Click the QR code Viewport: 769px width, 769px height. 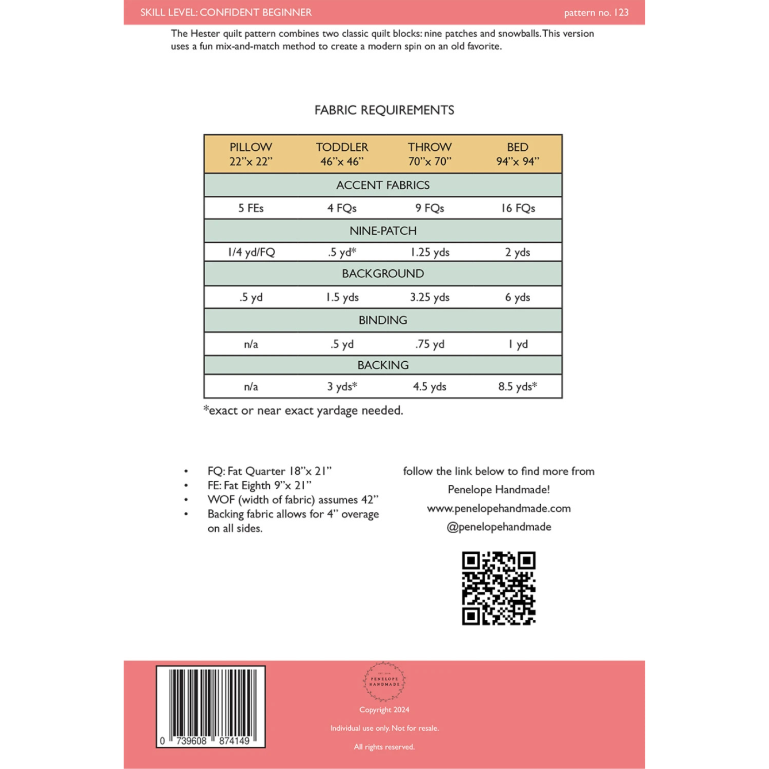(x=498, y=588)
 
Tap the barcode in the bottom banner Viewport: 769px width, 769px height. (x=210, y=706)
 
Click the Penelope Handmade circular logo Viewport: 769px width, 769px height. (x=384, y=681)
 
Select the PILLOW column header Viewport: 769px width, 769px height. (x=251, y=154)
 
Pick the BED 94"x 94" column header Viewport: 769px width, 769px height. (x=517, y=154)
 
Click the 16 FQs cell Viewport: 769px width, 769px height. (x=517, y=208)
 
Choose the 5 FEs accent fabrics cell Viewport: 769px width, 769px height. (x=251, y=208)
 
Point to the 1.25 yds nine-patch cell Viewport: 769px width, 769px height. (x=430, y=252)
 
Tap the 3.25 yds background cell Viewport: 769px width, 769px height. (x=430, y=297)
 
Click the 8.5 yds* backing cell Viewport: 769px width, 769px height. (x=517, y=386)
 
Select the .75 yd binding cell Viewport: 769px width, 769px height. (x=430, y=344)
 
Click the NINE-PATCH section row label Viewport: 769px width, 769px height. (x=383, y=231)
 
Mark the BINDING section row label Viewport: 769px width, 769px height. (x=383, y=320)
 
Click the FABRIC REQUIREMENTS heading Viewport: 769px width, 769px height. (x=384, y=110)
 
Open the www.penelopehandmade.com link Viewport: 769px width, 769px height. (x=498, y=508)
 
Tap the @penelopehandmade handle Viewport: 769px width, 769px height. (x=498, y=527)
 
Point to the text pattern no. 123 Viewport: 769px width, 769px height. (x=596, y=13)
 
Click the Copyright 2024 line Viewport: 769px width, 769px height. (x=384, y=709)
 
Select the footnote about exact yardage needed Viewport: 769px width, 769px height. (x=303, y=410)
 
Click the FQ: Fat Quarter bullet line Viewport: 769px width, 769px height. (x=269, y=471)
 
